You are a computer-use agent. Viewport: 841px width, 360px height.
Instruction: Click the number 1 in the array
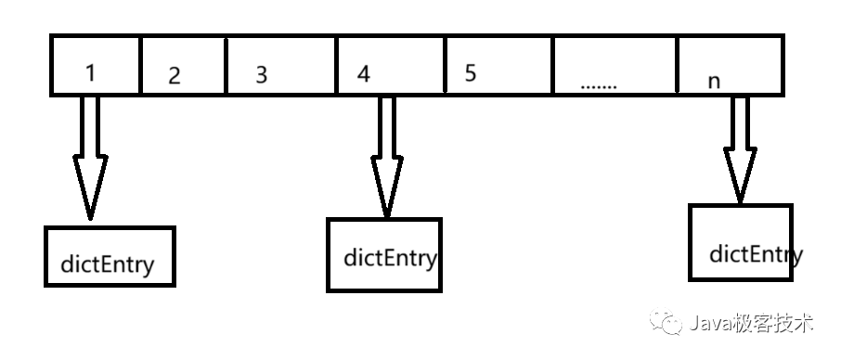[x=90, y=73]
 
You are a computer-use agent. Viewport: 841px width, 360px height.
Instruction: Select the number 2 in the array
[x=174, y=77]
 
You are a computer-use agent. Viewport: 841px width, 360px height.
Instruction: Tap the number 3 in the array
[x=261, y=75]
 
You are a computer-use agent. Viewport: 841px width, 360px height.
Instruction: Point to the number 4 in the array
[x=363, y=74]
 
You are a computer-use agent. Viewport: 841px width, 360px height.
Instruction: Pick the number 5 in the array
[x=471, y=73]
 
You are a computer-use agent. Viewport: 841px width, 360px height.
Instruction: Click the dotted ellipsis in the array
[x=599, y=84]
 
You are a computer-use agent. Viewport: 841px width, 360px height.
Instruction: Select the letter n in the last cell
[x=714, y=81]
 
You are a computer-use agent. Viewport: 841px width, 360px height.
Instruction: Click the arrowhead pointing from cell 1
[x=90, y=186]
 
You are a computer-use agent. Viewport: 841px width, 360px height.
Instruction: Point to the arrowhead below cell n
[x=741, y=174]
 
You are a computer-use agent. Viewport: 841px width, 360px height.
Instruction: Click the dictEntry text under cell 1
[x=108, y=265]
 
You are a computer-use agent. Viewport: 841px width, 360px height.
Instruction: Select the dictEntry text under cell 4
[x=390, y=257]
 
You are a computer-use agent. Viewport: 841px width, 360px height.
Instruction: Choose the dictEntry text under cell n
[x=754, y=253]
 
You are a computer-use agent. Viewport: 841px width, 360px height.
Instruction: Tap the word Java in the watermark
[x=708, y=323]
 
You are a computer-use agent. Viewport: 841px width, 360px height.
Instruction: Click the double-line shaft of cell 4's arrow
[x=387, y=125]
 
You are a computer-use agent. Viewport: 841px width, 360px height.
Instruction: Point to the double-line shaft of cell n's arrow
[x=741, y=121]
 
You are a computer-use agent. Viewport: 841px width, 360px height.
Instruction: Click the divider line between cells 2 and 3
[x=226, y=65]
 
